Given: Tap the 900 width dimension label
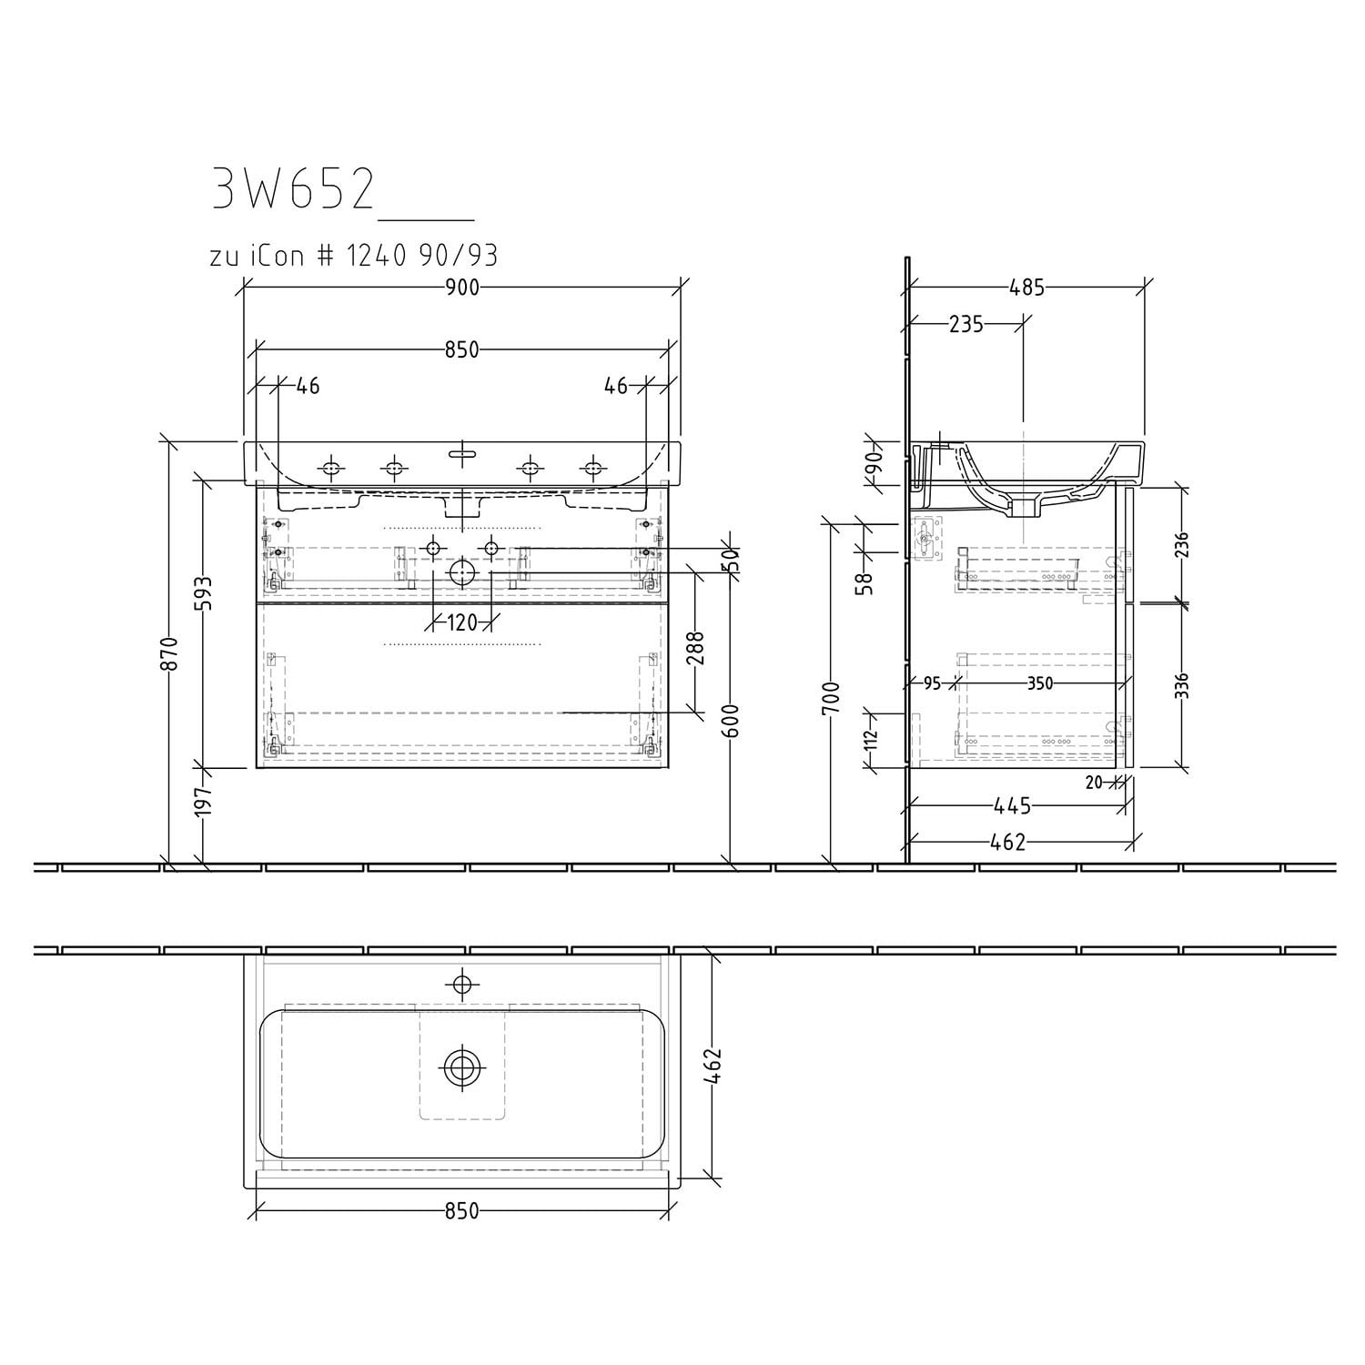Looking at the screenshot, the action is pos(462,288).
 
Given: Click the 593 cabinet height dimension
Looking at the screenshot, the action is pos(204,593).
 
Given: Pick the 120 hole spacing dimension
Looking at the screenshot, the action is pos(462,623).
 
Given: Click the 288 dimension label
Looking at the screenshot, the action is pos(696,649).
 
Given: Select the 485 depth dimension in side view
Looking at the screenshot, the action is pos(1026,288).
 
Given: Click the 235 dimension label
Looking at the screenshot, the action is pos(966,324).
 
